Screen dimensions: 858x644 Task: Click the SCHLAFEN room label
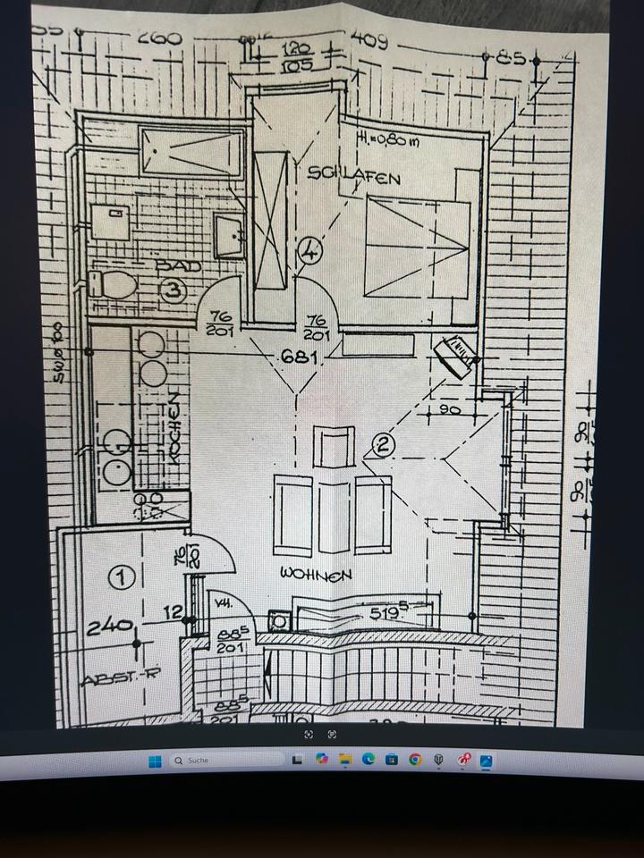(x=353, y=176)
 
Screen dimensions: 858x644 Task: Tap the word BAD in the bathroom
(x=178, y=266)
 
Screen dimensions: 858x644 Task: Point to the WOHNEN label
(x=316, y=574)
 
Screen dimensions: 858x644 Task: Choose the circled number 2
(x=382, y=444)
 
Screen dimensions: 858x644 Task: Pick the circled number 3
(x=174, y=290)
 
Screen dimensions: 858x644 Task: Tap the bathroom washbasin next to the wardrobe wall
(x=230, y=236)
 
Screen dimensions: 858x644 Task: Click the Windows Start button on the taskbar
(x=154, y=761)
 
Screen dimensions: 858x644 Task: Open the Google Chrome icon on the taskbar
(x=414, y=761)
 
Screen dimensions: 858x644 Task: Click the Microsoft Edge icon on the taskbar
(x=368, y=761)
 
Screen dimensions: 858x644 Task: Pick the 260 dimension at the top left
(x=160, y=39)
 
